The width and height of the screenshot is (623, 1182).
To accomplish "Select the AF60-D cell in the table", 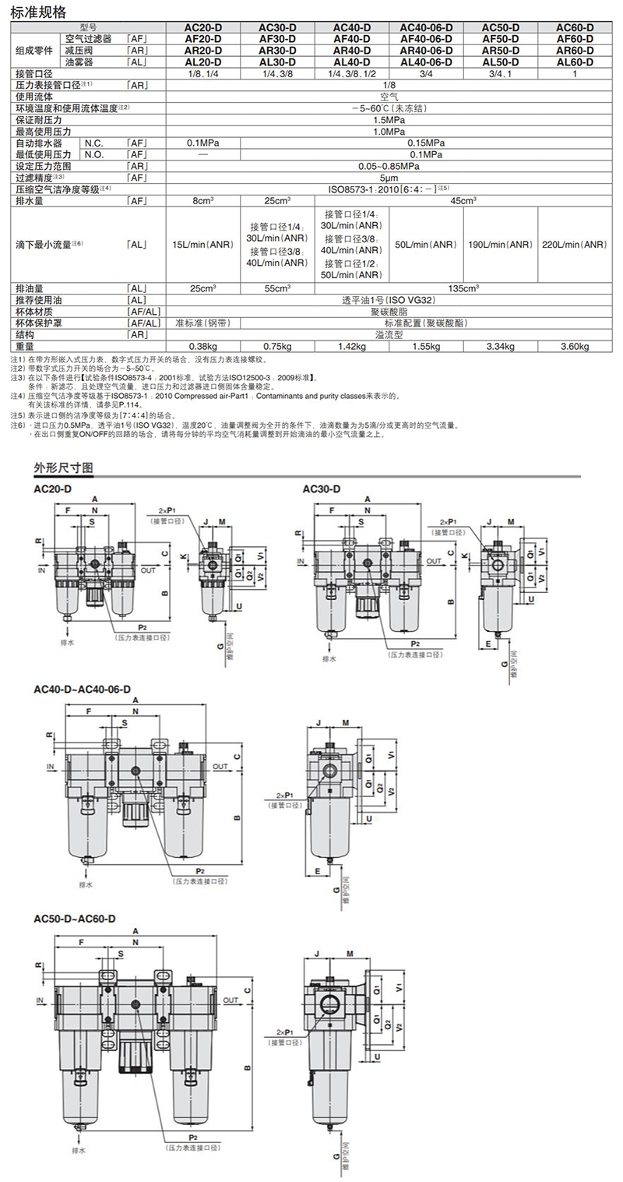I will point(575,38).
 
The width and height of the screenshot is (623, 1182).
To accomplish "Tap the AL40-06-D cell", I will point(426,62).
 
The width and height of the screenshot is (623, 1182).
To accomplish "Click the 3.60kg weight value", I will point(575,347).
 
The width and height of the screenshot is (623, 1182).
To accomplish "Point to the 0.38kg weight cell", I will point(202,347).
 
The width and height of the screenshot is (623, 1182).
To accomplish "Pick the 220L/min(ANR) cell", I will point(575,244).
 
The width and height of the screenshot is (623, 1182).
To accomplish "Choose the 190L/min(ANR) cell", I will point(500,244).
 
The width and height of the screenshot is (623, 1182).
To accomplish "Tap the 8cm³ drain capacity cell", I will point(202,200).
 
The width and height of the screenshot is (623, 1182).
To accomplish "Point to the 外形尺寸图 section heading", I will point(63,468).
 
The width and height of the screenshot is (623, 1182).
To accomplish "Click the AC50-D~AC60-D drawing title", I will point(75,918).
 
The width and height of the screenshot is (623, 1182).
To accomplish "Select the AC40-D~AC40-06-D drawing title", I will point(83,690).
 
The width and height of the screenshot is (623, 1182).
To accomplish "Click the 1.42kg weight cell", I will point(352,347).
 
